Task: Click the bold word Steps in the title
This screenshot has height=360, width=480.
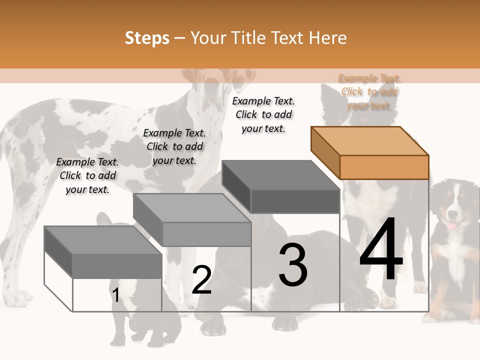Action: [x=147, y=38]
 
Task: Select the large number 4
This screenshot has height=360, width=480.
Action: [x=381, y=248]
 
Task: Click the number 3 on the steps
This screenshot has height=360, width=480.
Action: [x=293, y=264]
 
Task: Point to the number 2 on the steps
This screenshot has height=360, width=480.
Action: [x=201, y=279]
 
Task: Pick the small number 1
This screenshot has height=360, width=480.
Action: [x=115, y=295]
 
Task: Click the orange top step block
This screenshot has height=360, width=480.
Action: [x=370, y=153]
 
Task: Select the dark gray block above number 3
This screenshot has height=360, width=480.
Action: [x=280, y=186]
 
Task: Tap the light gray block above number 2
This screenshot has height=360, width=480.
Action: [x=192, y=220]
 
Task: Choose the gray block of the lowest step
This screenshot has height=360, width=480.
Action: [x=103, y=252]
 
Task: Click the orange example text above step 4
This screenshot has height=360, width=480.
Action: [x=369, y=92]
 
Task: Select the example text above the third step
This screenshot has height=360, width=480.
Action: [x=263, y=115]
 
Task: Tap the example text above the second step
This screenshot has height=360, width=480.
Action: [x=174, y=146]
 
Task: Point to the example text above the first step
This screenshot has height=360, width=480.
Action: [x=87, y=175]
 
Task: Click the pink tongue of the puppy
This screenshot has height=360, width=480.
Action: [x=450, y=225]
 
